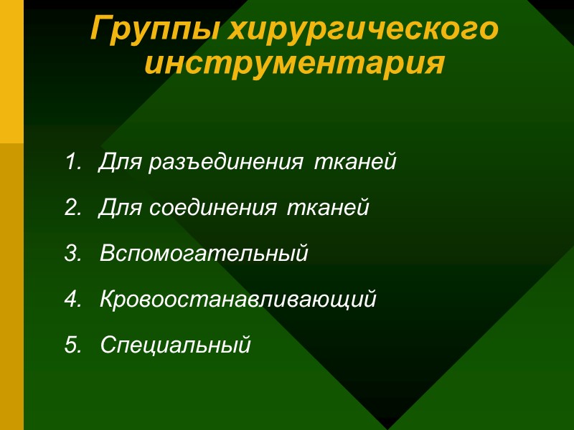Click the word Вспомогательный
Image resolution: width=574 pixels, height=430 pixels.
204,254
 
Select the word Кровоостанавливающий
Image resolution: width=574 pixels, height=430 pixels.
237,300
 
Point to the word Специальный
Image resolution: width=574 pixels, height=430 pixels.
176,345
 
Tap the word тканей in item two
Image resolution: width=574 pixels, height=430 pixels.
328,209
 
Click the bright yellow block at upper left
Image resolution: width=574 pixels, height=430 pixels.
11,72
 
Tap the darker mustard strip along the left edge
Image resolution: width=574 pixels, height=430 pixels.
11,287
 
